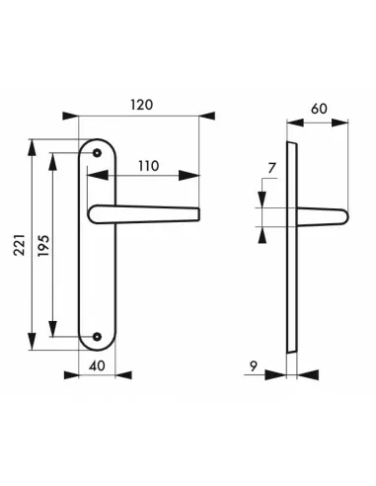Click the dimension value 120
click(142, 105)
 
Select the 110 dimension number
click(148, 166)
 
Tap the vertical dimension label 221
click(20, 245)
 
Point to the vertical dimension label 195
click(43, 246)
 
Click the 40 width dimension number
click(97, 365)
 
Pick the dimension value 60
click(319, 109)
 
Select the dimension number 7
click(271, 168)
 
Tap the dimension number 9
click(254, 365)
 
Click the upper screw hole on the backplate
click(97, 152)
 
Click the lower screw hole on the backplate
click(97, 336)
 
